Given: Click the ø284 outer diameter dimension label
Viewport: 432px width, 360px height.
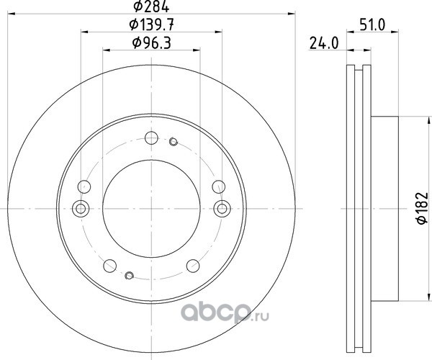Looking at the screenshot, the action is (x=151, y=6).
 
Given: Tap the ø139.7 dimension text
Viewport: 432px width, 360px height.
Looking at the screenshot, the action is (x=151, y=25).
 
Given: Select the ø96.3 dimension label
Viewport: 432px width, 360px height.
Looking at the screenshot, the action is (x=151, y=43).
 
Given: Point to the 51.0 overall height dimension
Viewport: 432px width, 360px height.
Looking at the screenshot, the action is (x=372, y=25).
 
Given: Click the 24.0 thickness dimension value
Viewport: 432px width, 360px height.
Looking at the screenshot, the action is (x=324, y=43).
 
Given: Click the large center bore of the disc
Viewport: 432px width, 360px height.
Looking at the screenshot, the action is (x=151, y=209).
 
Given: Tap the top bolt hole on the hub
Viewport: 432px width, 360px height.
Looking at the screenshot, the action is (x=151, y=138).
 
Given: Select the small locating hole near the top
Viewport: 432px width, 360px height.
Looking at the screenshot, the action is (x=174, y=142).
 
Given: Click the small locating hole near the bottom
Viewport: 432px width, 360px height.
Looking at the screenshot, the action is (x=129, y=275).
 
